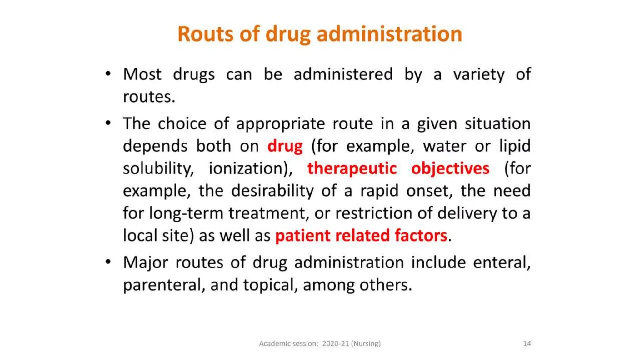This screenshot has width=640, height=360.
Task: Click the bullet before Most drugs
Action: (x=108, y=74)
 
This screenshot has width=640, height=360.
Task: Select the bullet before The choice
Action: (x=108, y=123)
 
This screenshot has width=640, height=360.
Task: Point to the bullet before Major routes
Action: (x=108, y=262)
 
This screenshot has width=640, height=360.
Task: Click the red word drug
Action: (x=285, y=146)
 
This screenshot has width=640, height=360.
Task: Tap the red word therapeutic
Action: (x=352, y=168)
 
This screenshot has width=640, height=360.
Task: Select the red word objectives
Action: (x=450, y=168)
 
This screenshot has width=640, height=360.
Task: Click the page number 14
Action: (x=527, y=343)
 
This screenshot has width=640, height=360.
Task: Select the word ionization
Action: (x=250, y=168)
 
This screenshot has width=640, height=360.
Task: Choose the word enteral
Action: (x=501, y=262)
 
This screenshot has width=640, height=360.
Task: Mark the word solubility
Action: (x=158, y=168)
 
